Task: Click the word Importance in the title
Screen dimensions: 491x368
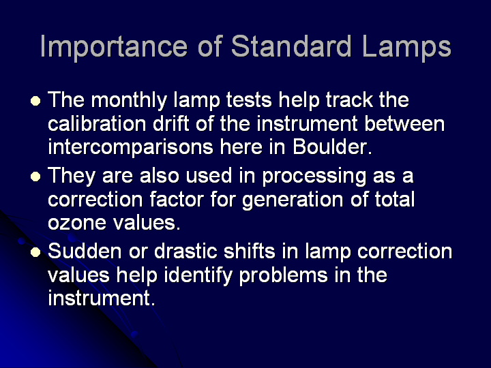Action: pyautogui.click(x=114, y=48)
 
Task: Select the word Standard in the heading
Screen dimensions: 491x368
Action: pyautogui.click(x=292, y=46)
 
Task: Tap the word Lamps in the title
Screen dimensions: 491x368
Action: pyautogui.click(x=406, y=48)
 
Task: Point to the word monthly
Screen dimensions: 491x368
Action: pyautogui.click(x=129, y=101)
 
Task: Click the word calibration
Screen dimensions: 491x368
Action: pyautogui.click(x=97, y=123)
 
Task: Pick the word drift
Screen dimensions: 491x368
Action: pyautogui.click(x=170, y=123)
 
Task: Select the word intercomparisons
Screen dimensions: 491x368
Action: pyautogui.click(x=130, y=147)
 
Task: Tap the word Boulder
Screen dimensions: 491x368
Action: pyautogui.click(x=332, y=147)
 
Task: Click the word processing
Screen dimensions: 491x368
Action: pyautogui.click(x=314, y=177)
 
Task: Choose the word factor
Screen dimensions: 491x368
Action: pyautogui.click(x=177, y=199)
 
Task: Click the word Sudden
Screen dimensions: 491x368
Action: pyautogui.click(x=85, y=251)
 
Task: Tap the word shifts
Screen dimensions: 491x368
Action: pyautogui.click(x=250, y=251)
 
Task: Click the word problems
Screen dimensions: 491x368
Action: pyautogui.click(x=284, y=276)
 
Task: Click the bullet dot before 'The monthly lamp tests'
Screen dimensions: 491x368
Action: pyautogui.click(x=35, y=101)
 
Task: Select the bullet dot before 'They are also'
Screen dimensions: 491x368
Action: pyautogui.click(x=35, y=177)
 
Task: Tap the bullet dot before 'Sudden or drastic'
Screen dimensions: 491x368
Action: pyautogui.click(x=35, y=252)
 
